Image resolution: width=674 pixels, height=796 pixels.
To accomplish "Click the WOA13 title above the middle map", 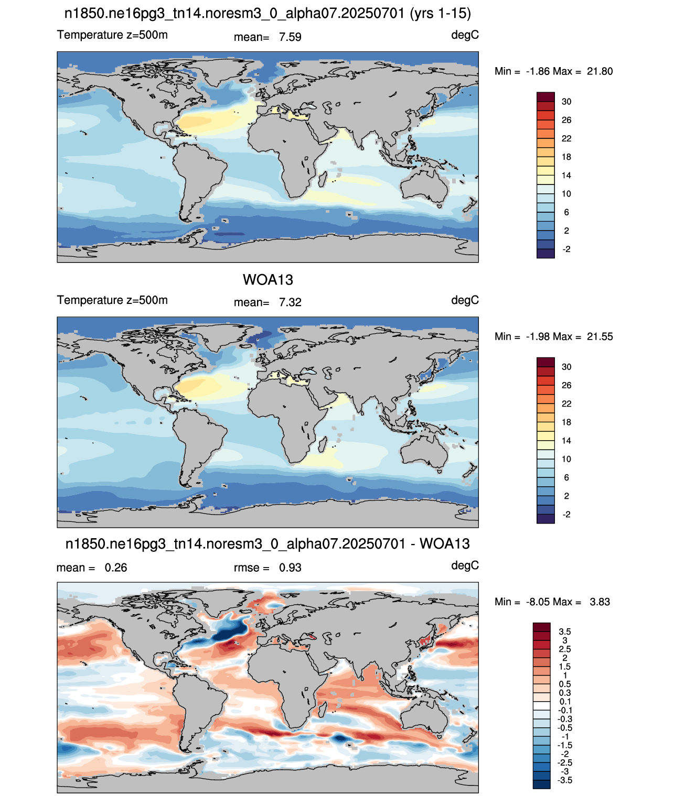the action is point(268,280).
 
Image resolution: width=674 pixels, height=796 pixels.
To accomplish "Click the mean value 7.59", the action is point(290,37).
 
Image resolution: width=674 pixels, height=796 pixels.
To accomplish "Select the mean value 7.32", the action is point(290,302).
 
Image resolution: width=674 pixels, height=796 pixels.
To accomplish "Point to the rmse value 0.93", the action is point(290,568).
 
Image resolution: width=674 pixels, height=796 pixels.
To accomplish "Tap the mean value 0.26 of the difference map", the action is point(115,568).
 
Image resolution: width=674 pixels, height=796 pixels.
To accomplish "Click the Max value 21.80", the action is point(600,71).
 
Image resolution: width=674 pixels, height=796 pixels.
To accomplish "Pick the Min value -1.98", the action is point(538,336).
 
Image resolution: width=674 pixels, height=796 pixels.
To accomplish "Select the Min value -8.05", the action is point(538,602).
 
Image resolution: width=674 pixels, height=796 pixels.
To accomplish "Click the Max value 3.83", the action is point(600,602).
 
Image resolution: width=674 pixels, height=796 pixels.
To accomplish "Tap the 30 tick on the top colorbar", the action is point(566,102).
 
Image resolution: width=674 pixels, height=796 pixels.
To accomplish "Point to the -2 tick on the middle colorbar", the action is point(566,515).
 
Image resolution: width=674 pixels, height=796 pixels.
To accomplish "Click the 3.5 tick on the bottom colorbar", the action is point(565,631).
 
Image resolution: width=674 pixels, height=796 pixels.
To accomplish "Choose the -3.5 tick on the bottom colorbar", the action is point(565,781).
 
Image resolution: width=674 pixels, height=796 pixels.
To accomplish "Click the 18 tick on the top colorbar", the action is point(566,157).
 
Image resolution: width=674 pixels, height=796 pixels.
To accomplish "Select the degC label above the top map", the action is point(465,35).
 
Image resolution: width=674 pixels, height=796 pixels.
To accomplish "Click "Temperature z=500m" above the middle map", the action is point(112,300).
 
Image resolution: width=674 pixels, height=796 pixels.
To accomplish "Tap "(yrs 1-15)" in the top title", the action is point(440,14).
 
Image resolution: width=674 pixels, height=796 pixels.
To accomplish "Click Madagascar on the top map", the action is point(323,179).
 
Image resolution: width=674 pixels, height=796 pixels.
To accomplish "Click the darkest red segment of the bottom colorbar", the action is point(541,627).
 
